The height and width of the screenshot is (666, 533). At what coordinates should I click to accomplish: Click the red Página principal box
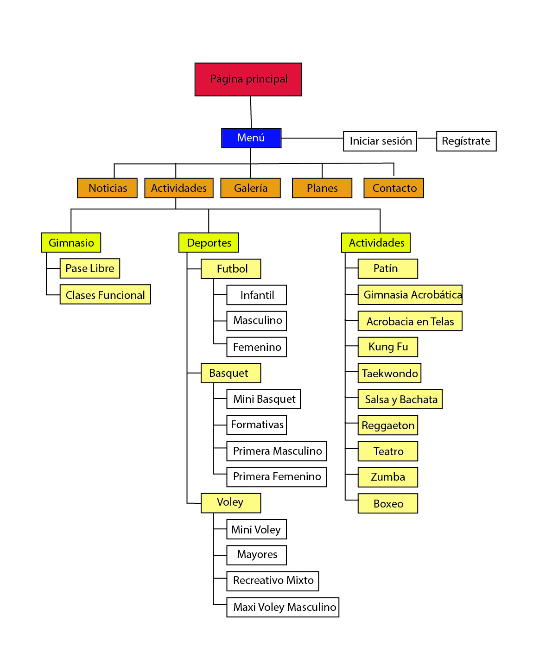click(x=248, y=79)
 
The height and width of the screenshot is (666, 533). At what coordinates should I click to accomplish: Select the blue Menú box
click(x=251, y=138)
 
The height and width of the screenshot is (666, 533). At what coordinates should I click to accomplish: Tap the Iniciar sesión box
click(x=380, y=141)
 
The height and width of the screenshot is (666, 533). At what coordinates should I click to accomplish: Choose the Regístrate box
click(x=466, y=141)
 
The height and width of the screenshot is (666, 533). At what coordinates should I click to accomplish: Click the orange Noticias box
click(x=107, y=188)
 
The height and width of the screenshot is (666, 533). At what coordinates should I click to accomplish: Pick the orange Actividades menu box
click(x=179, y=188)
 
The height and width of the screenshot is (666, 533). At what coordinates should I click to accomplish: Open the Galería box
click(x=250, y=188)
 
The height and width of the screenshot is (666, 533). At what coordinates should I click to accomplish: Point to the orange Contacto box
click(x=393, y=188)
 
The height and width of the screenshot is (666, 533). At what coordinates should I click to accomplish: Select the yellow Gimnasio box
click(x=71, y=242)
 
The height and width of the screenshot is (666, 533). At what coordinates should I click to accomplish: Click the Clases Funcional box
click(x=105, y=295)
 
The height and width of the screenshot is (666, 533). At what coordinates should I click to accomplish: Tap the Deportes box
click(x=209, y=242)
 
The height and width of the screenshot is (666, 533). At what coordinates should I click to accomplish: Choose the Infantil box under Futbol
click(x=256, y=295)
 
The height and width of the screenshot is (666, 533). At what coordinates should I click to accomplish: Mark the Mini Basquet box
click(x=263, y=399)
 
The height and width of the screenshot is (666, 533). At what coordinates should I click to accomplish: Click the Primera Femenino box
click(x=276, y=477)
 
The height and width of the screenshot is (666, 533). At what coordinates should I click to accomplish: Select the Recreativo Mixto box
click(x=273, y=581)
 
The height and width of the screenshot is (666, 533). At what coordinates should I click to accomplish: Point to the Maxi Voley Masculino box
click(x=283, y=607)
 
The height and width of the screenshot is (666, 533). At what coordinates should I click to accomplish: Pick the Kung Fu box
click(x=388, y=347)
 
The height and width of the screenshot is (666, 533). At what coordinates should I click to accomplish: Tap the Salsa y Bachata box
click(x=400, y=399)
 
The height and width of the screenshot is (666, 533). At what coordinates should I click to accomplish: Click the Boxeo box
click(x=388, y=503)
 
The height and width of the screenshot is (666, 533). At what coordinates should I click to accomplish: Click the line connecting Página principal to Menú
click(x=251, y=112)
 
